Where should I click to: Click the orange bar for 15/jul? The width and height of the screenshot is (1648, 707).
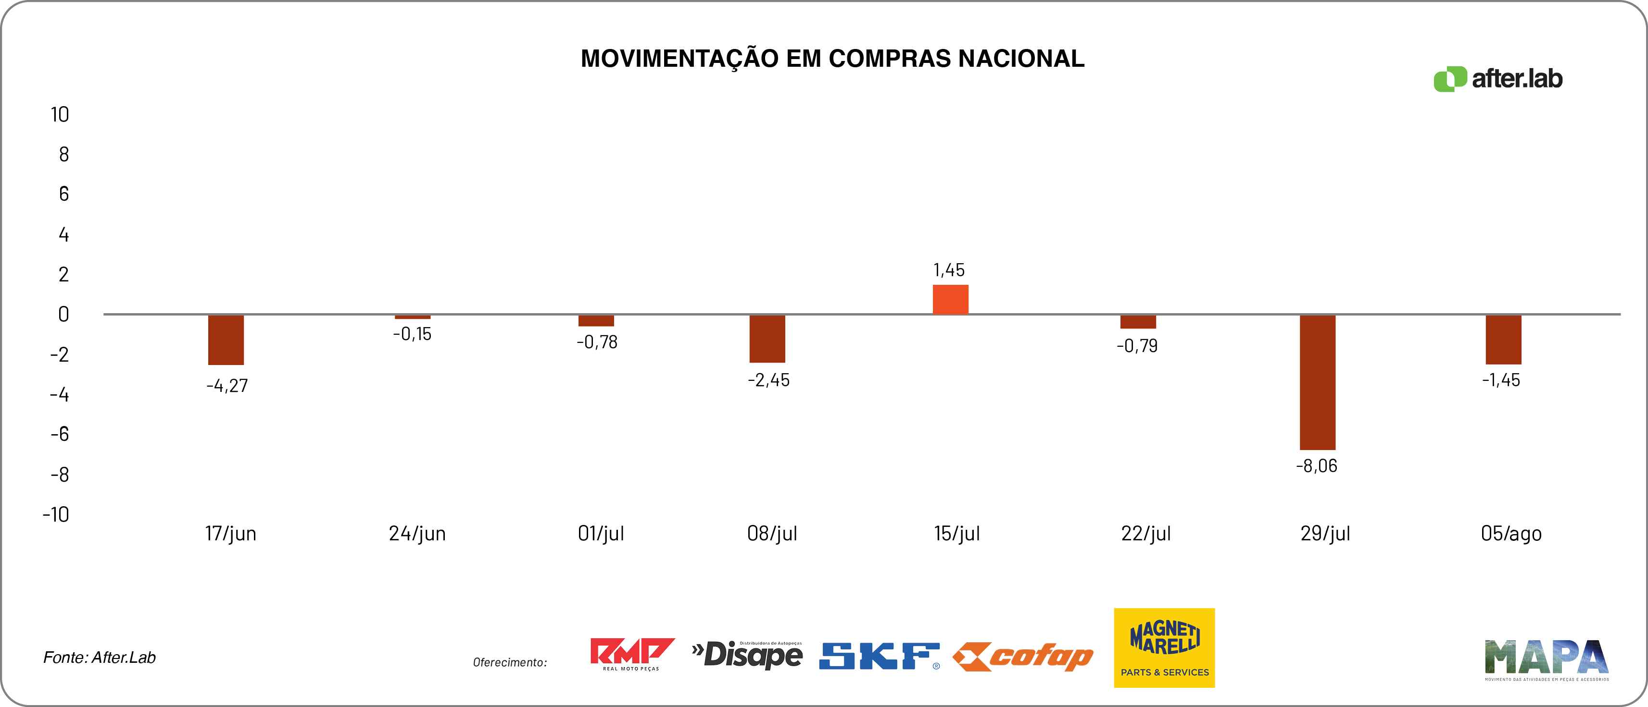coord(950,299)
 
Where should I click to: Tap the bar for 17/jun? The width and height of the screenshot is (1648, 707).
coord(226,340)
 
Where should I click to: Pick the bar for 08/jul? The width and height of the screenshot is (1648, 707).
coord(767,338)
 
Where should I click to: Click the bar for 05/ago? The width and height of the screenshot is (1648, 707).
coord(1503,339)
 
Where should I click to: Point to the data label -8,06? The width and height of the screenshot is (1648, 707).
coord(1317,466)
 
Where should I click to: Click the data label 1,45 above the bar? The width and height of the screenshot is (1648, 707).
coord(949,270)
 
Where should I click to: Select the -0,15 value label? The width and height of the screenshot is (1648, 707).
coord(412,334)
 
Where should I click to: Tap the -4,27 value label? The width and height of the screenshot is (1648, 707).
coord(227,386)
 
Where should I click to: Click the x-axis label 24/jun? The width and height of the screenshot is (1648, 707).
coord(417,534)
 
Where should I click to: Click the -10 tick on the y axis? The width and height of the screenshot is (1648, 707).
coord(56,514)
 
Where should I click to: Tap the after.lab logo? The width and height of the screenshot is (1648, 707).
coord(1498,79)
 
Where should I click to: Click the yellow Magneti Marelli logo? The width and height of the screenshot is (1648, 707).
coord(1164,647)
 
